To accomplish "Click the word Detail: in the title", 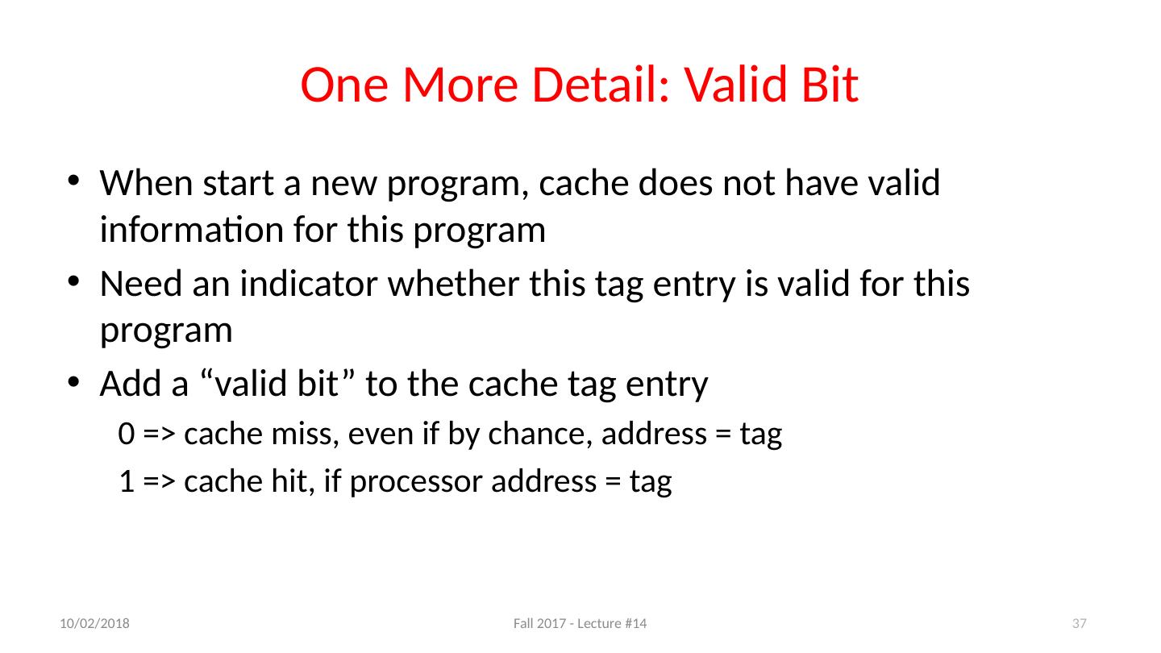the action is pyautogui.click(x=601, y=85).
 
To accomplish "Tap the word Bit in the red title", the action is pyautogui.click(x=830, y=85).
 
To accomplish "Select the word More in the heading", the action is pyautogui.click(x=460, y=85).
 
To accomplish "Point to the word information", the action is pyautogui.click(x=191, y=229).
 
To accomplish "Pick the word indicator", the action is pyautogui.click(x=309, y=284).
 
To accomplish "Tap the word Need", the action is pyautogui.click(x=141, y=284).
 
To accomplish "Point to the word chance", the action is pyautogui.click(x=540, y=434).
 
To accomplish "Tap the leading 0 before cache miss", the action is pyautogui.click(x=127, y=434).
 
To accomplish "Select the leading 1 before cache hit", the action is pyautogui.click(x=127, y=481).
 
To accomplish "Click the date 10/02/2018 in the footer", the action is pyautogui.click(x=94, y=623).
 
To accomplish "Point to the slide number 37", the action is pyautogui.click(x=1079, y=623).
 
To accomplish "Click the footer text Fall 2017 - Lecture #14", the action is pyautogui.click(x=580, y=623).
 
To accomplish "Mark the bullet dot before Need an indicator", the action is pyautogui.click(x=73, y=282).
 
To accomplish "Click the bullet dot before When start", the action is pyautogui.click(x=73, y=181).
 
